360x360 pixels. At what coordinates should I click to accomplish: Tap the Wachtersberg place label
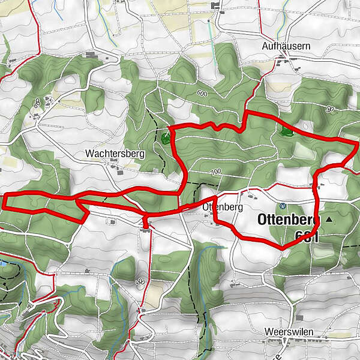point(115,154)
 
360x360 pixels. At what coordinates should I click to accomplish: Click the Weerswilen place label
point(289,331)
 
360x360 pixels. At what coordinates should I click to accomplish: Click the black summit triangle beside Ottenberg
point(328,220)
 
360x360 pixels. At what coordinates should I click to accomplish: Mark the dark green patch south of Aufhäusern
point(284,129)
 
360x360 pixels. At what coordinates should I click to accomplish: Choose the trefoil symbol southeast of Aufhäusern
point(330,109)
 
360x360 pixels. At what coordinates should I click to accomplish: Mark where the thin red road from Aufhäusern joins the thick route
point(245,112)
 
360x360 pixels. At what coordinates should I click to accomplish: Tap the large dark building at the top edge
point(215,6)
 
